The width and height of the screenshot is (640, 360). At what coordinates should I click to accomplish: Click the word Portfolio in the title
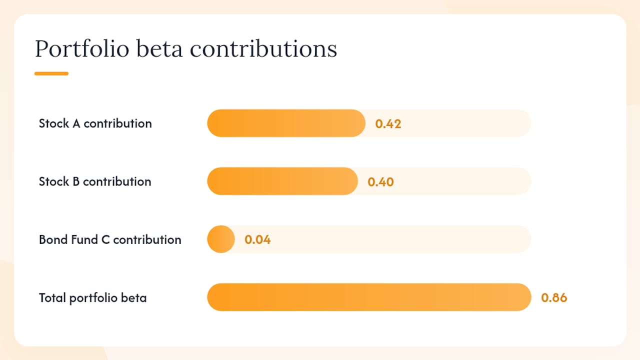82,49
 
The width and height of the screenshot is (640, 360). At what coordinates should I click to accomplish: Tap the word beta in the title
159,48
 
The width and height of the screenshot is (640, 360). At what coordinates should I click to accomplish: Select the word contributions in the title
263,48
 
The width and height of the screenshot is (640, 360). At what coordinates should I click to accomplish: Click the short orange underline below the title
51,73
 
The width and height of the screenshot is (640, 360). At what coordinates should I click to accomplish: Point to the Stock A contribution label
95,123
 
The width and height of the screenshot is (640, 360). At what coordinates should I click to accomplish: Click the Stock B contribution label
95,181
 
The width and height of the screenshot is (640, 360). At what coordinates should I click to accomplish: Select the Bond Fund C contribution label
110,239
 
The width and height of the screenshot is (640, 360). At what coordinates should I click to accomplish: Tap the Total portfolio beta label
93,297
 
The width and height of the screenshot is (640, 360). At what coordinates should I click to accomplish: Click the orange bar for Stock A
286,123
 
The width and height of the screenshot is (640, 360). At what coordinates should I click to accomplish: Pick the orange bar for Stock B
282,181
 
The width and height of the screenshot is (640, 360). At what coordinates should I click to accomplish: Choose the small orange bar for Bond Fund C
221,239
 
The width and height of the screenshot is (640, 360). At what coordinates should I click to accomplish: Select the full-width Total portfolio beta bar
369,297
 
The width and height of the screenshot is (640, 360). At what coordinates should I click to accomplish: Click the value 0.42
388,124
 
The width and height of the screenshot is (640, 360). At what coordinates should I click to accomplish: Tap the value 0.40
381,182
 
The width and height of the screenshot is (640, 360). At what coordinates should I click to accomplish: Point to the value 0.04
257,239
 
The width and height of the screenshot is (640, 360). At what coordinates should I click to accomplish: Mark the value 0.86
554,297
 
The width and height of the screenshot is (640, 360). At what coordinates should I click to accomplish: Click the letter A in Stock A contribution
76,123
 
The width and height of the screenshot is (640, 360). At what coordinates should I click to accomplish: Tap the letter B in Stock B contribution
76,181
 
